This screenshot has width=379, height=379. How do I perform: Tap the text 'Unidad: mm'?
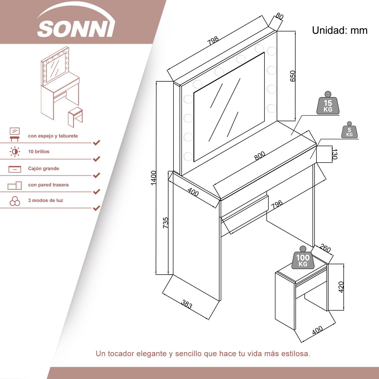340,30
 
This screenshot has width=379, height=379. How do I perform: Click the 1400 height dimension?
154,178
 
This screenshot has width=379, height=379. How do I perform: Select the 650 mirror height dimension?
293,76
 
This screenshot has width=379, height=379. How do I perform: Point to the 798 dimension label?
213,41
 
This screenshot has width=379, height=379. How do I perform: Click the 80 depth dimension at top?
279,16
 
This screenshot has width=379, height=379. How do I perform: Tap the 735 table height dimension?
165,223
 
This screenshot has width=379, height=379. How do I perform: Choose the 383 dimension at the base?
187,304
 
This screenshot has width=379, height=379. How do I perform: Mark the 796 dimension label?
277,204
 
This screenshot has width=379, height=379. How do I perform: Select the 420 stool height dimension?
341,287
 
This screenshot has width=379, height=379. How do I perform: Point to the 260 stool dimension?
325,248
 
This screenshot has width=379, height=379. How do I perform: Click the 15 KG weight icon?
328,103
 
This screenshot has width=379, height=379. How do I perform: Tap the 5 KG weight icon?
349,130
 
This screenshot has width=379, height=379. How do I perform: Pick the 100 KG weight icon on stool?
303,257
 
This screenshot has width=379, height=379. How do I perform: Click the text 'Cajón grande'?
43,169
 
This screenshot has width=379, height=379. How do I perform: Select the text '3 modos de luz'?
45,200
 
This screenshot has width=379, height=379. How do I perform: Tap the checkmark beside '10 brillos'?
97,159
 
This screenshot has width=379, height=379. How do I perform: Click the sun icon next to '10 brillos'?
15,152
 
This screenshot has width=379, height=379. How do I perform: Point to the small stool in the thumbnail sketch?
75,117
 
